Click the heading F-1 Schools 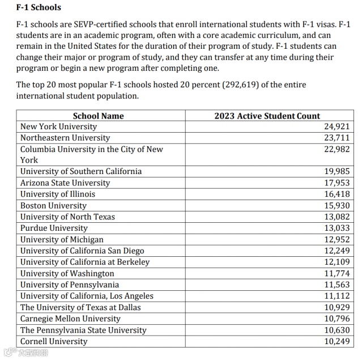click(x=39, y=8)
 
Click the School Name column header click(x=98, y=116)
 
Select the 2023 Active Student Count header click(x=267, y=116)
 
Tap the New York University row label click(x=58, y=126)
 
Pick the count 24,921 click(x=337, y=126)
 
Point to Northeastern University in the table click(x=65, y=138)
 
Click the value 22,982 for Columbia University click(x=337, y=149)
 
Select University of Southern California click(x=81, y=171)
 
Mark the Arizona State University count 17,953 click(x=337, y=183)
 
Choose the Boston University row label click(x=53, y=205)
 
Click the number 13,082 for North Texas click(x=337, y=217)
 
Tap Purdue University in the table click(x=54, y=228)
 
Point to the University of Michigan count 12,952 click(x=337, y=239)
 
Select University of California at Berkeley click(x=85, y=262)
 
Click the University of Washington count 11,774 click(x=337, y=273)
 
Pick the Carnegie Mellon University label click(x=70, y=319)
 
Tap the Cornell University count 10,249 click(x=337, y=341)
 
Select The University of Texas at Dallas click(x=80, y=307)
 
